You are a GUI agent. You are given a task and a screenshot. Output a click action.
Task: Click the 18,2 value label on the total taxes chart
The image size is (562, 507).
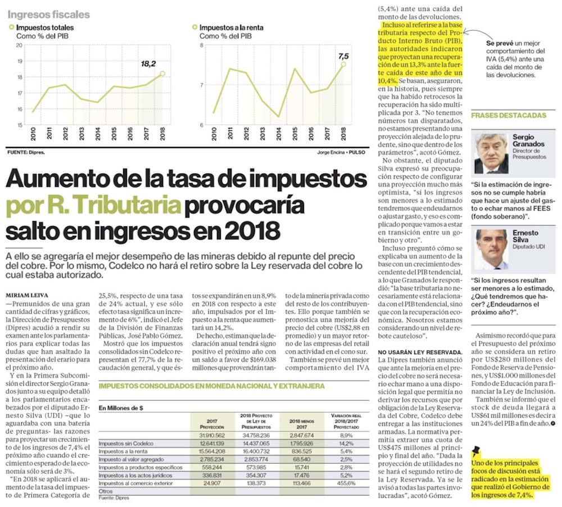[x=148, y=64]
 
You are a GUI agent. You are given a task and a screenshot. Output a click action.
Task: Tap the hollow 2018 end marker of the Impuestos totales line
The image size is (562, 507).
[x=162, y=74]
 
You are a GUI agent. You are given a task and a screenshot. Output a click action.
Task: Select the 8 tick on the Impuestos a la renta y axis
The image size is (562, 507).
[x=203, y=45]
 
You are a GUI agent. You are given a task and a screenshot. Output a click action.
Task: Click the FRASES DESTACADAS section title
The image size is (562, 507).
[x=508, y=115]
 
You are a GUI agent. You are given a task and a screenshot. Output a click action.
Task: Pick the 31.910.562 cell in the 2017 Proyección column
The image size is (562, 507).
[x=212, y=435]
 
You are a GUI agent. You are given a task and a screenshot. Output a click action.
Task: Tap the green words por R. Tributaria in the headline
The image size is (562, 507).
[x=92, y=205]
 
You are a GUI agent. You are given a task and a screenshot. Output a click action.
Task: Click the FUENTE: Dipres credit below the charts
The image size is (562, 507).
[x=26, y=152]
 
